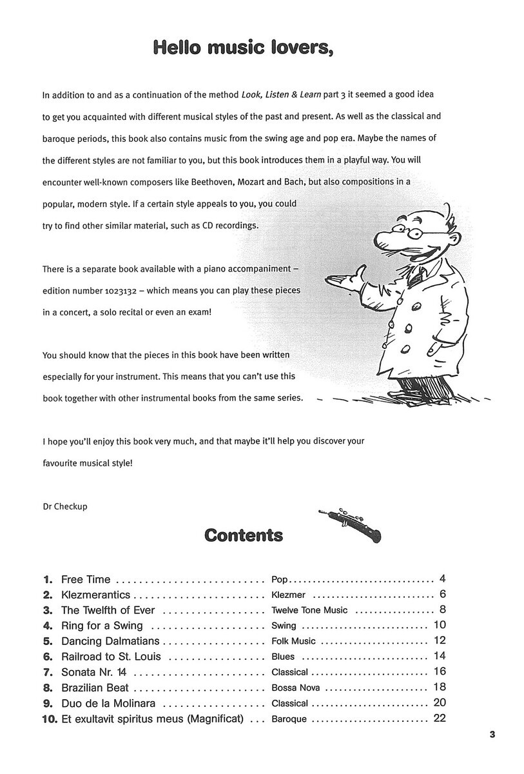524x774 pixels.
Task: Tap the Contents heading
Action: click(x=243, y=535)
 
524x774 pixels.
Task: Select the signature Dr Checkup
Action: click(x=64, y=506)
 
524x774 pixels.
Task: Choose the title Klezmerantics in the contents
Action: click(x=95, y=595)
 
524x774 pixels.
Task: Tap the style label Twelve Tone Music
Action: click(x=309, y=610)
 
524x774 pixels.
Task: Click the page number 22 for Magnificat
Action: click(x=440, y=719)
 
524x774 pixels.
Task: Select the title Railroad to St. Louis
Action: click(x=111, y=657)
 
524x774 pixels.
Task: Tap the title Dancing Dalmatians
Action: click(x=110, y=641)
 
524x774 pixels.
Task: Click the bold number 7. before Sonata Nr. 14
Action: click(x=48, y=672)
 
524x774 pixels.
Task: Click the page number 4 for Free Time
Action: click(x=442, y=579)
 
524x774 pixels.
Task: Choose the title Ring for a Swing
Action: click(x=102, y=626)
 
